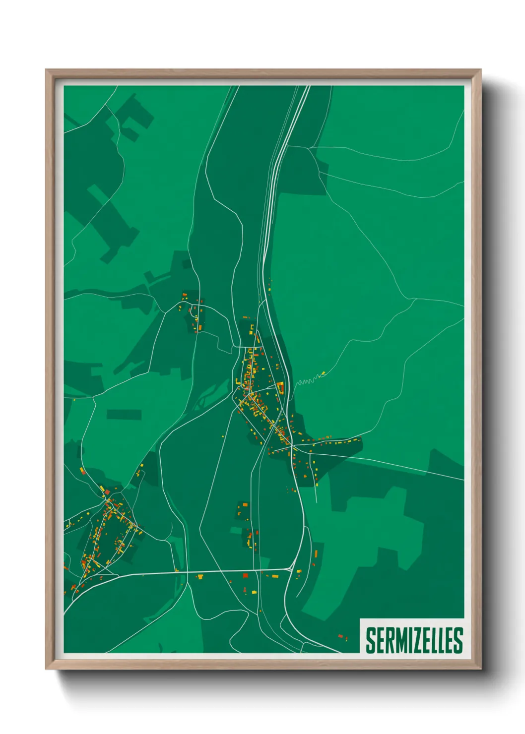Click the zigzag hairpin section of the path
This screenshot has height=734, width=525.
pos(306,381)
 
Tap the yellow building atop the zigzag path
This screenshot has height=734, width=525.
pos(323,372)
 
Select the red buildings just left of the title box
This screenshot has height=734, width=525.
pos(341,636)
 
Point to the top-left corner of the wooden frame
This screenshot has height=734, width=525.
pos(47,70)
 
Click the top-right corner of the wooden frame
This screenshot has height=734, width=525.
pos(480,70)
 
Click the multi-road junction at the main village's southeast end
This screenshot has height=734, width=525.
pos(291,448)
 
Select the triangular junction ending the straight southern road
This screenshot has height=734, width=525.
pos(290,569)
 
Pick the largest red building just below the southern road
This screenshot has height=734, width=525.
pos(245,575)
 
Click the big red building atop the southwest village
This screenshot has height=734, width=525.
pos(107,491)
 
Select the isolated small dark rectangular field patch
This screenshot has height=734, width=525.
pos(124,414)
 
